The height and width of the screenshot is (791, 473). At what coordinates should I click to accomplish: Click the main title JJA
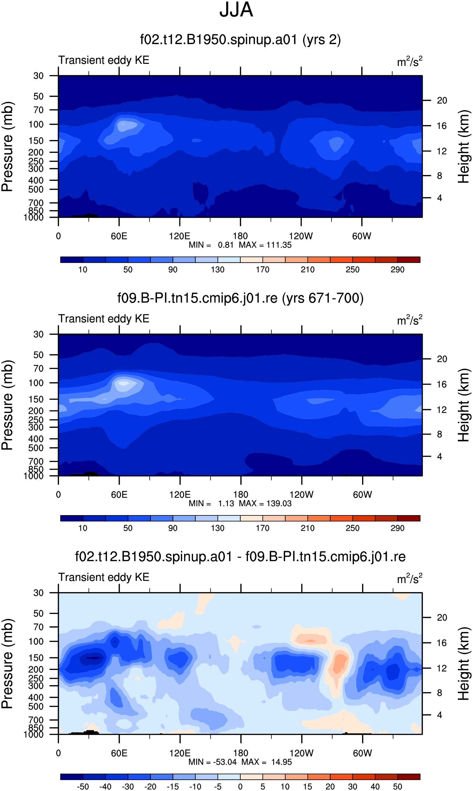tap(236, 10)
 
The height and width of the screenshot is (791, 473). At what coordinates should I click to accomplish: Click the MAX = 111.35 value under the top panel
tap(265, 245)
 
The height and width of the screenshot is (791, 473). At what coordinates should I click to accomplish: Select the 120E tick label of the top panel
tap(180, 236)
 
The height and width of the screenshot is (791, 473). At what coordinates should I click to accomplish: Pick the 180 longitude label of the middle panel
tap(241, 494)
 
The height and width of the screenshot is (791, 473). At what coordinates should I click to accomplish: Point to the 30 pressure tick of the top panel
tap(39, 76)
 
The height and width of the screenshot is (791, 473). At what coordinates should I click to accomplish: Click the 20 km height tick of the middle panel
tap(442, 359)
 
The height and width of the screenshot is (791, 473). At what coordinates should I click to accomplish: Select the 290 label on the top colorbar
tap(397, 269)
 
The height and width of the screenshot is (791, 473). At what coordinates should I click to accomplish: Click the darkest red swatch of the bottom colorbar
tap(409, 776)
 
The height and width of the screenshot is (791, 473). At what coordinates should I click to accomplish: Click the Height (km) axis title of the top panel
tap(464, 147)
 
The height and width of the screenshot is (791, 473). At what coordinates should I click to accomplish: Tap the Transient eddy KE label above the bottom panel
tap(104, 577)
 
